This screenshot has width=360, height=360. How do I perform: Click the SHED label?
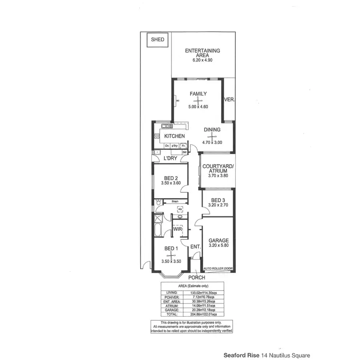[157, 40]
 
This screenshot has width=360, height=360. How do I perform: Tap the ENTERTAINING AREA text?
[203, 53]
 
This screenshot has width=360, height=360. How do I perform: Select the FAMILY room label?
[198, 94]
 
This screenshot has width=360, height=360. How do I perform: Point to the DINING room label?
[212, 130]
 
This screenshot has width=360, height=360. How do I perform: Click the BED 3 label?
[217, 200]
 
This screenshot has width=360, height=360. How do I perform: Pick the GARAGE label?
[218, 240]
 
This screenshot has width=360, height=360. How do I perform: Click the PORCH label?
[196, 277]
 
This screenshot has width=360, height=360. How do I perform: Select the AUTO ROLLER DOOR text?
[218, 268]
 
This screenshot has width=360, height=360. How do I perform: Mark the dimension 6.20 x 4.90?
[203, 61]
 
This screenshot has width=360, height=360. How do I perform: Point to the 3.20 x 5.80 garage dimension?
[218, 246]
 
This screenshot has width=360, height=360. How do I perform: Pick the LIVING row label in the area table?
[172, 292]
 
